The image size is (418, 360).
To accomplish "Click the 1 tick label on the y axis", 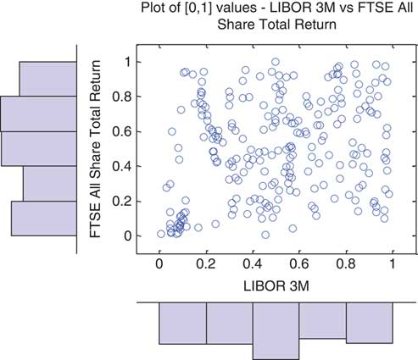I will click(128, 62).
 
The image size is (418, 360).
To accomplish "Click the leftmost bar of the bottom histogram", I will click(182, 323).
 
